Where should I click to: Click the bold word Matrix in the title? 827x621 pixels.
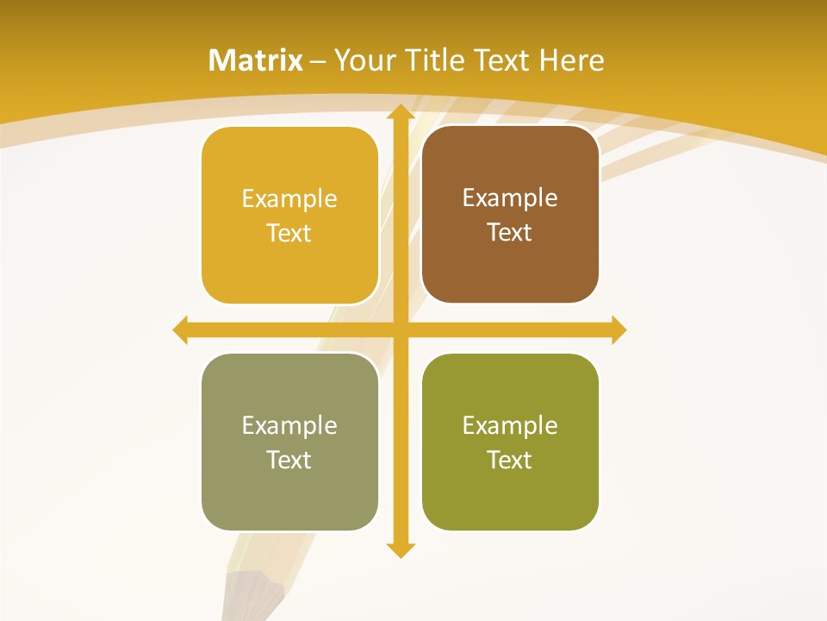tap(256, 60)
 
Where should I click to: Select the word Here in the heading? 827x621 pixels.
tap(572, 60)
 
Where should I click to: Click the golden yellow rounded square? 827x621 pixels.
tap(289, 216)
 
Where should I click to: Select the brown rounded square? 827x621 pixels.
tap(510, 215)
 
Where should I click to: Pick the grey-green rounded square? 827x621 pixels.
tap(289, 442)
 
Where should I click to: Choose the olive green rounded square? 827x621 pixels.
tap(510, 442)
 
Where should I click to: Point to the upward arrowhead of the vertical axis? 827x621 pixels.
tap(400, 112)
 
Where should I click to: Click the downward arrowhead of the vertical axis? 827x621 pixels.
tap(400, 549)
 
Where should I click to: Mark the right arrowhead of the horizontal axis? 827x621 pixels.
tap(619, 329)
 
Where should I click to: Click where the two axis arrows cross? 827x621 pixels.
tap(400, 329)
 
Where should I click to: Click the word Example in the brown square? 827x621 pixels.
tap(510, 198)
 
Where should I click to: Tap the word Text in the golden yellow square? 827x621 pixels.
tap(289, 233)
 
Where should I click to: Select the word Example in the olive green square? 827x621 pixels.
tap(510, 425)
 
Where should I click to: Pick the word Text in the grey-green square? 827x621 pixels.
tap(289, 460)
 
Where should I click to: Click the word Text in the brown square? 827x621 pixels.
tap(510, 232)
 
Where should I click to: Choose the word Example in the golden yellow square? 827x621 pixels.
tap(289, 198)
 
